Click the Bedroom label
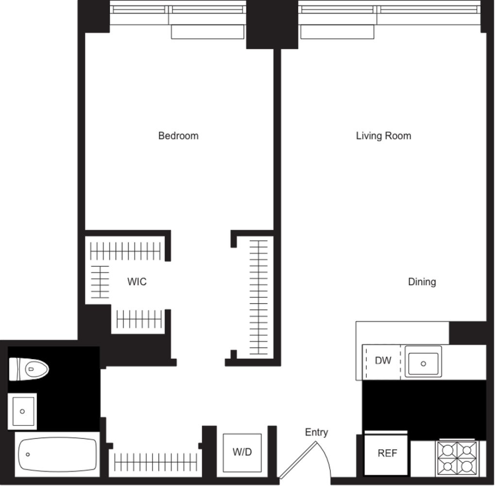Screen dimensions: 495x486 click(x=178, y=136)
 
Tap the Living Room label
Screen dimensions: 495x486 click(x=383, y=136)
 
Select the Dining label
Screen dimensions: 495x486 click(x=422, y=282)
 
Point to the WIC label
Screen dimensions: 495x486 click(x=137, y=282)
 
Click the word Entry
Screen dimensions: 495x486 click(x=317, y=432)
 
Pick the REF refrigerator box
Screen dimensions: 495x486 click(x=387, y=453)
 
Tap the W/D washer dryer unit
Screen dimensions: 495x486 click(x=242, y=452)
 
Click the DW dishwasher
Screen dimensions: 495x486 click(x=383, y=361)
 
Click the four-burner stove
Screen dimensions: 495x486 click(x=457, y=457)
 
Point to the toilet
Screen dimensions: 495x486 click(x=29, y=369)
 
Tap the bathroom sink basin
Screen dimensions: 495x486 click(x=22, y=411)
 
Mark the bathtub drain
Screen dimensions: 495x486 click(x=28, y=455)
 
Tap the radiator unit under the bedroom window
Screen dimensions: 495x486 click(x=207, y=32)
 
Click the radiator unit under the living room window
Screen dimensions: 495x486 click(x=337, y=32)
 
